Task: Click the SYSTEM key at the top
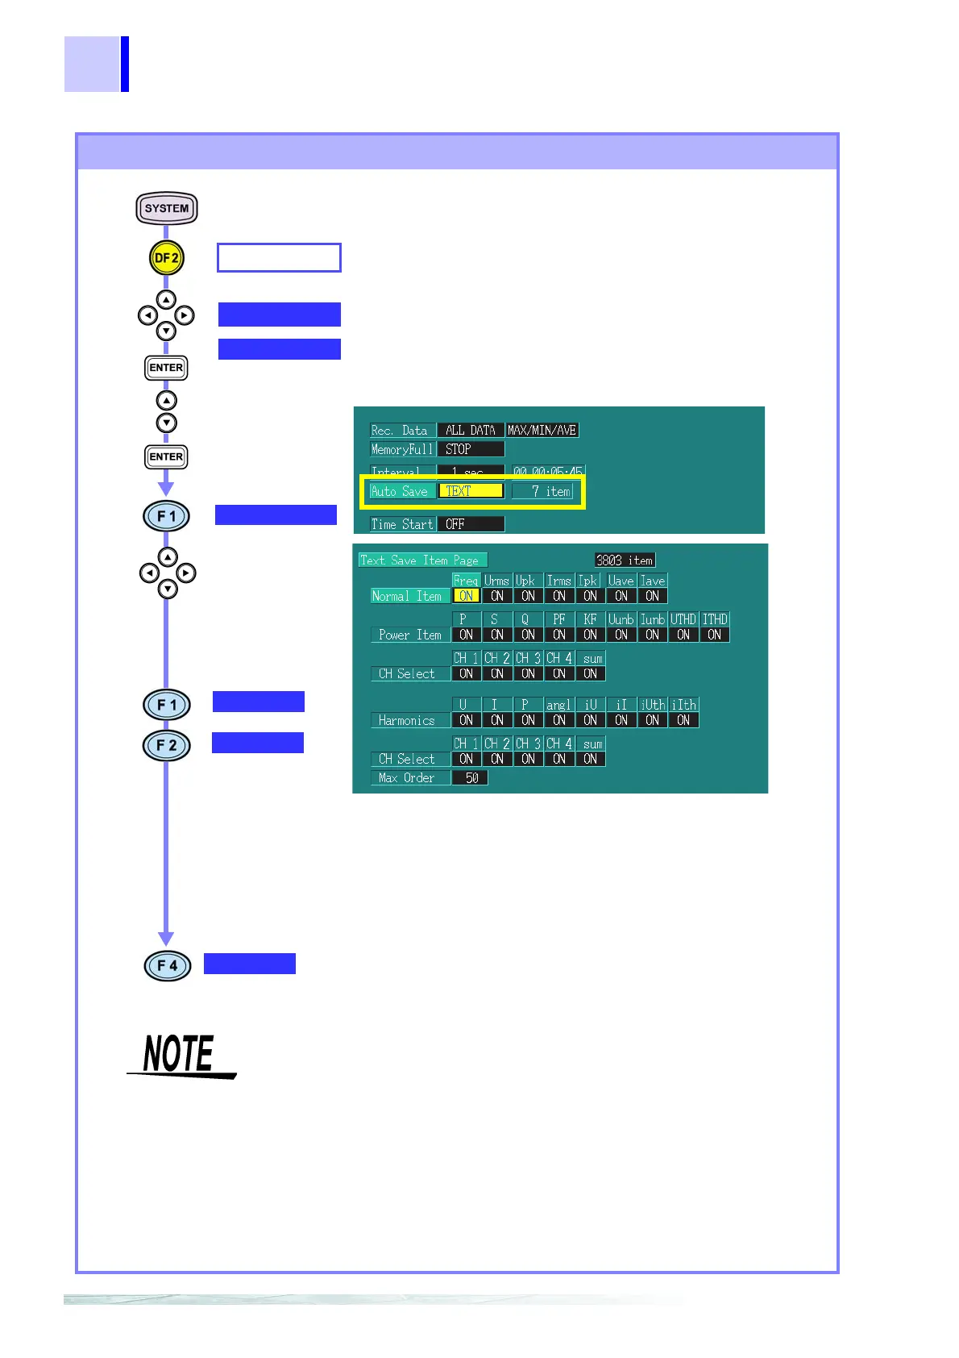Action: point(167,208)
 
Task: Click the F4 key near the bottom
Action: point(168,965)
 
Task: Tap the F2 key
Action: point(167,745)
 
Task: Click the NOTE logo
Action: point(181,1055)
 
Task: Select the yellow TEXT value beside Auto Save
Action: point(471,491)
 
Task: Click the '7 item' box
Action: point(542,491)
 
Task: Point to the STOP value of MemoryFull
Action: point(471,449)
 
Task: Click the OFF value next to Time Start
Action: point(471,524)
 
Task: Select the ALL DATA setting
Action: point(471,430)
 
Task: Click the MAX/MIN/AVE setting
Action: point(542,430)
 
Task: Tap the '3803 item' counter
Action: point(625,560)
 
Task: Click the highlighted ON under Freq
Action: point(466,596)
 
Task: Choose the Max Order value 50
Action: point(471,778)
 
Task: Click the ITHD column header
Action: point(715,619)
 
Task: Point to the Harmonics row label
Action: point(407,720)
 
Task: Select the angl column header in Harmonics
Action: point(558,705)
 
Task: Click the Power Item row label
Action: point(409,635)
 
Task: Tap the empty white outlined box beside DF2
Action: point(279,258)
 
